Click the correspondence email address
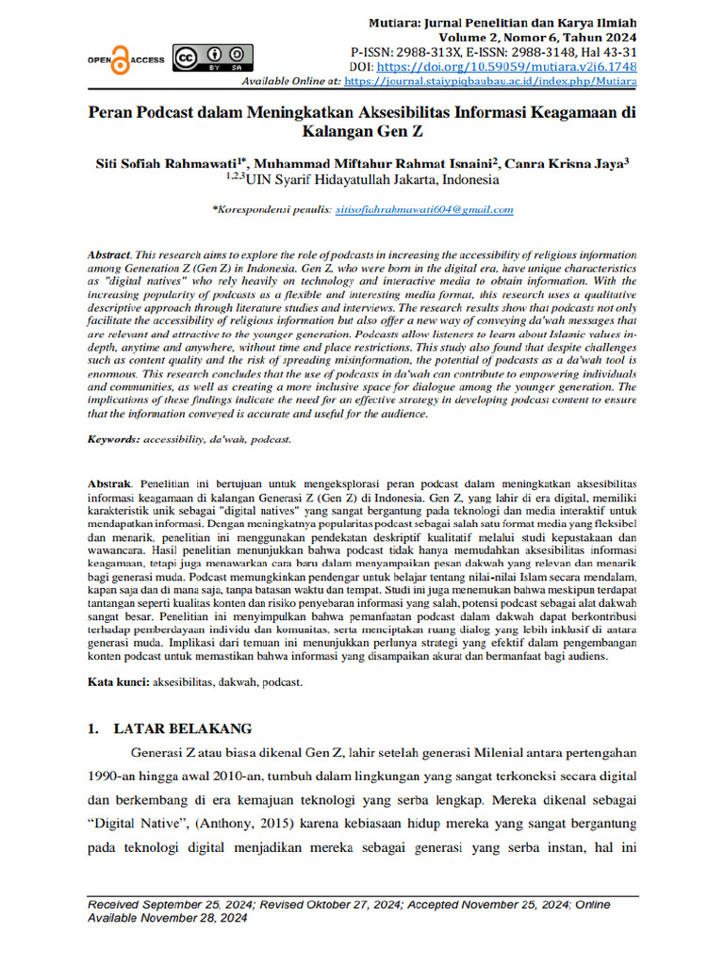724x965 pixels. [424, 210]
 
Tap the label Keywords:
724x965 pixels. [114, 440]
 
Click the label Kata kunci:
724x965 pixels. [117, 681]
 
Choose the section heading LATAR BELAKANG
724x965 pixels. [182, 728]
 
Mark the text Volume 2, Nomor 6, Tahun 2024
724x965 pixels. [551, 37]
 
